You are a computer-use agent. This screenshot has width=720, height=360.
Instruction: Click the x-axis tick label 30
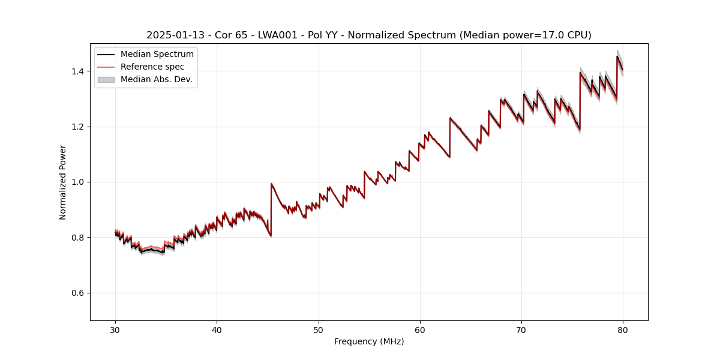tap(115, 329)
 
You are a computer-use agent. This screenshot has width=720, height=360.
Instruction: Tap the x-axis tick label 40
tap(217, 329)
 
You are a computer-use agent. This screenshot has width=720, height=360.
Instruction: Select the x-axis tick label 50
tap(319, 329)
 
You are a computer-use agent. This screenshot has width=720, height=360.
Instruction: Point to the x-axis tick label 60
tap(420, 329)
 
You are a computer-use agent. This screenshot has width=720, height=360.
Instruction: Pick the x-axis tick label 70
tap(521, 329)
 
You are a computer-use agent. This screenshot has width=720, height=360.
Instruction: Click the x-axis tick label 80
tap(623, 329)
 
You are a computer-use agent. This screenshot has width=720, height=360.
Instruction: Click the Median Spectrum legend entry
tap(157, 55)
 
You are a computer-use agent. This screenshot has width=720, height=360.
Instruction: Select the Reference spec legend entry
tap(152, 67)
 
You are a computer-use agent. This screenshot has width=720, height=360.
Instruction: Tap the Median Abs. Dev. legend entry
tap(156, 79)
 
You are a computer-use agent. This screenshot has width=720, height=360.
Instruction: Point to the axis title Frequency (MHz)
tap(369, 341)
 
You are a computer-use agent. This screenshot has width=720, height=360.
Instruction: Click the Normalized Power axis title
tap(63, 182)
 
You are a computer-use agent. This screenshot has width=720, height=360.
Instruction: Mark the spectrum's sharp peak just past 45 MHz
tap(271, 184)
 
